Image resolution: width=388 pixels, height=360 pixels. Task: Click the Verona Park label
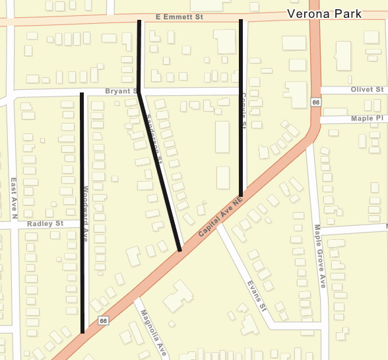324,14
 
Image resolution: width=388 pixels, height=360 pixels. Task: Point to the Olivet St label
367,89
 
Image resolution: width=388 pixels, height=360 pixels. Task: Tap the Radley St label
45,224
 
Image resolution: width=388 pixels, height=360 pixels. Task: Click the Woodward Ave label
86,205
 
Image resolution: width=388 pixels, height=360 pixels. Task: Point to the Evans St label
256,296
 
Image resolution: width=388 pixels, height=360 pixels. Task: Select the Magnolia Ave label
153,334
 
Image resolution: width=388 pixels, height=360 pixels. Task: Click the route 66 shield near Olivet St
316,102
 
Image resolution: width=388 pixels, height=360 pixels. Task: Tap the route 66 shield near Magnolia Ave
104,321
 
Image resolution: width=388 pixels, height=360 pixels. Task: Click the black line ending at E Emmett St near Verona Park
241,106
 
